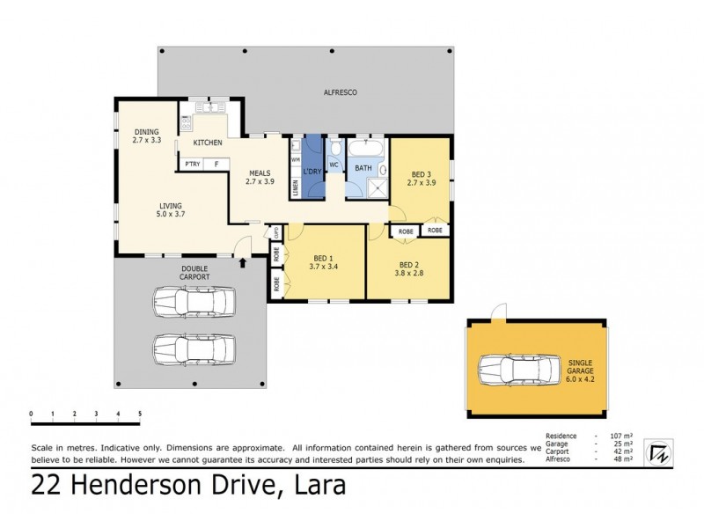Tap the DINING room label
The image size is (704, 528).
[146, 133]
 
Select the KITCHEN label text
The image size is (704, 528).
[208, 143]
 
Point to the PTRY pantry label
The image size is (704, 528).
[190, 164]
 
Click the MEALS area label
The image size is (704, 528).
[259, 173]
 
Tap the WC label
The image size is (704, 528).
[334, 165]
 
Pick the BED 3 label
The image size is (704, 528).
[422, 174]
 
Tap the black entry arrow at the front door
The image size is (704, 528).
[243, 263]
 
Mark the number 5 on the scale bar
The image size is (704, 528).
[139, 413]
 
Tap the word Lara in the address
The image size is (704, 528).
[318, 485]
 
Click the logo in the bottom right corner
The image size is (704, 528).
[656, 451]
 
